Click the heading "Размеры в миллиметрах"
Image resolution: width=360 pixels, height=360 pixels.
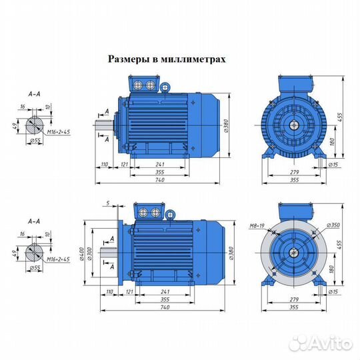point(167,59)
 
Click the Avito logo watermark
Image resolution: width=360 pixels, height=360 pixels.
point(323,343)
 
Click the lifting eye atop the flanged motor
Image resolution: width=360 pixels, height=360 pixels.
point(171,215)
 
